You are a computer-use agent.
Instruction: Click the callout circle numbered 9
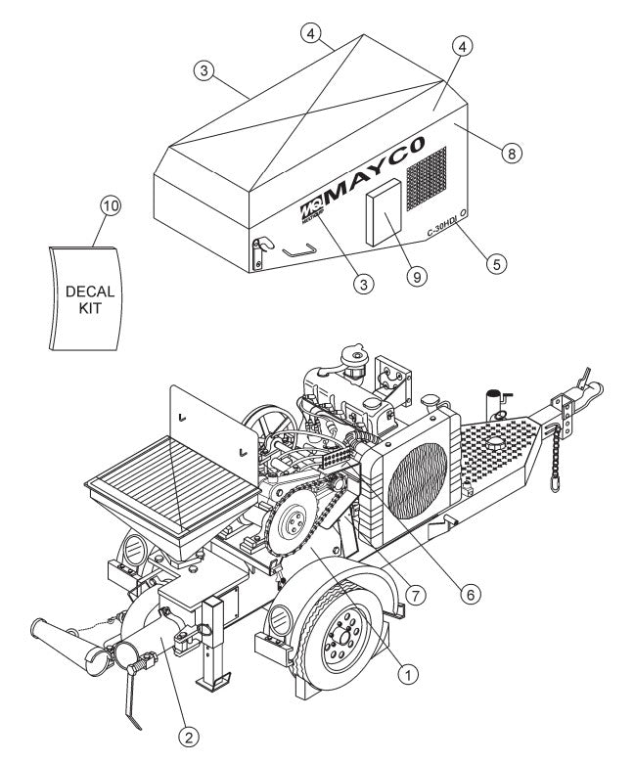[x=418, y=276]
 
